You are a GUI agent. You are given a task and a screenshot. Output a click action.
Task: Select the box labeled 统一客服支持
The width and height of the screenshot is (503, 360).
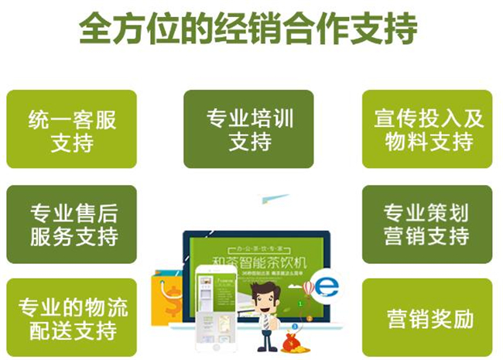(x=71, y=129)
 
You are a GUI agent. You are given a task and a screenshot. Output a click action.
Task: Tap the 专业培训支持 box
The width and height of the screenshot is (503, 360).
(x=248, y=129)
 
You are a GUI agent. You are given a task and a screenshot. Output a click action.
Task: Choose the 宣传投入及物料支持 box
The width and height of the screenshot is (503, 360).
(x=427, y=129)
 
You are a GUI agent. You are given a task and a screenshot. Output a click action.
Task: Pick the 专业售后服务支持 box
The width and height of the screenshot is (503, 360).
(x=71, y=224)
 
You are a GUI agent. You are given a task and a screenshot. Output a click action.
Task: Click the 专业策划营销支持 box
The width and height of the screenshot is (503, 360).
(x=427, y=224)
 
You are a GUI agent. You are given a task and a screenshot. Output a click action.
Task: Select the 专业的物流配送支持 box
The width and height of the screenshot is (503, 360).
(x=71, y=317)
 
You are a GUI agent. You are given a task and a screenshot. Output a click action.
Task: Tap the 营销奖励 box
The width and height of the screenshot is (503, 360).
(x=427, y=317)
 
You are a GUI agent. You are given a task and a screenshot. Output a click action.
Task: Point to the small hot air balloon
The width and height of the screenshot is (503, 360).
(x=307, y=288)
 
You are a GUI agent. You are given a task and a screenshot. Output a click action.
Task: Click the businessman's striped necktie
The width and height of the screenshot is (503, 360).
(x=265, y=321)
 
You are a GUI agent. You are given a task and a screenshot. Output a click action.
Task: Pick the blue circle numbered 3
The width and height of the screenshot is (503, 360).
(x=309, y=317)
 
